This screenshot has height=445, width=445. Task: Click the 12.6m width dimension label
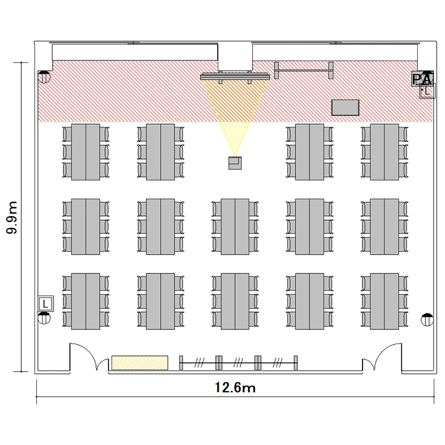coord(235,387)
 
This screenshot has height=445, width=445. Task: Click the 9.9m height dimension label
coord(12,217)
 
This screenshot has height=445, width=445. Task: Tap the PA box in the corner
coord(422,78)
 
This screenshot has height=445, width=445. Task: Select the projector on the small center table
coord(235,163)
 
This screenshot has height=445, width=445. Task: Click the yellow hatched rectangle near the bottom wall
coord(139,363)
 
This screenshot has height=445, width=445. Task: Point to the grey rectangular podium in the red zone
coord(345,107)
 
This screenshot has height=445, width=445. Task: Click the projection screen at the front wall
coord(235,77)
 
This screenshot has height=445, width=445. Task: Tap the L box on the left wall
coord(46,304)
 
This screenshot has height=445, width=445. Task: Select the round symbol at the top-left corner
coord(44,77)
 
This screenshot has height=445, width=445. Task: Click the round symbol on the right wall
coord(427,320)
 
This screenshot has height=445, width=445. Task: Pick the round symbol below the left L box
coord(44,318)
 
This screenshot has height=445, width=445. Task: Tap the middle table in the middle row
coord(235,227)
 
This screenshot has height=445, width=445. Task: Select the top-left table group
coord(85,152)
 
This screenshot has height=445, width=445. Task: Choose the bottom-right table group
coord(384,301)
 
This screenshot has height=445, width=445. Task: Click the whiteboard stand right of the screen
coord(304,70)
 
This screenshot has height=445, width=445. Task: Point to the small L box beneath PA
coord(427,91)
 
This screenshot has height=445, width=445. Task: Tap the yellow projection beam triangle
coord(235,113)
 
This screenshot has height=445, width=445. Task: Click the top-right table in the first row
coord(384,152)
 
